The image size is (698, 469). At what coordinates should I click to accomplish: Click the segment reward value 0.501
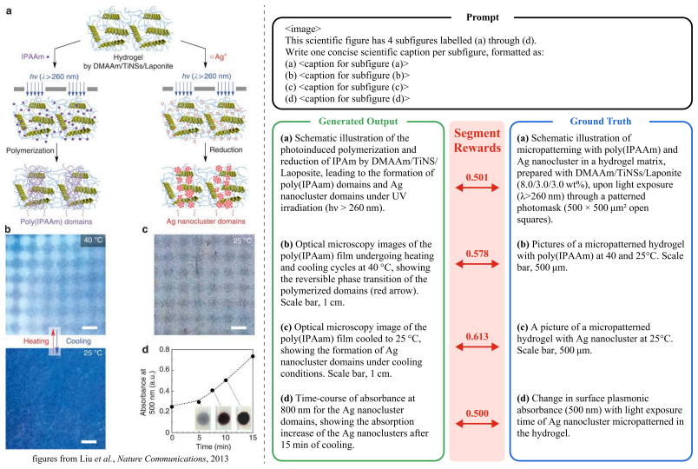pyautogui.click(x=477, y=177)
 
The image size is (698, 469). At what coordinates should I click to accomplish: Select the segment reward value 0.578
pyautogui.click(x=477, y=254)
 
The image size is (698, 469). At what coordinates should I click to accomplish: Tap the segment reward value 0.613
pyautogui.click(x=477, y=337)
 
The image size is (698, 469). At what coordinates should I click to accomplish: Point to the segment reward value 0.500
pyautogui.click(x=477, y=413)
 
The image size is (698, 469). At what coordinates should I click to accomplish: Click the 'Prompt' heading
pyautogui.click(x=483, y=17)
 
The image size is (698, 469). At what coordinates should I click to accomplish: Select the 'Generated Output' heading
pyautogui.click(x=359, y=121)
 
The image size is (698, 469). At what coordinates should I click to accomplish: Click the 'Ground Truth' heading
pyautogui.click(x=601, y=121)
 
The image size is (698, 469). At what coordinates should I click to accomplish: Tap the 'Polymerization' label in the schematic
pyautogui.click(x=30, y=150)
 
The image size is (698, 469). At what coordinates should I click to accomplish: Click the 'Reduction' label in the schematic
pyautogui.click(x=226, y=149)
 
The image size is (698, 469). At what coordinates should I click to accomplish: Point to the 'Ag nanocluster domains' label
pyautogui.click(x=206, y=221)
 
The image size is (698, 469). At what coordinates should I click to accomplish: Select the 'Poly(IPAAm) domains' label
pyautogui.click(x=56, y=221)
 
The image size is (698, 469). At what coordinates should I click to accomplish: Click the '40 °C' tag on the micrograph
pyautogui.click(x=93, y=240)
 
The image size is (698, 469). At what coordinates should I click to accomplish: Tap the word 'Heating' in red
pyautogui.click(x=36, y=341)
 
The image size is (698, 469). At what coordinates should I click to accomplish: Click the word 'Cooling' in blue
pyautogui.click(x=78, y=341)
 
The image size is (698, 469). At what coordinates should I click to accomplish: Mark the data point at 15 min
pyautogui.click(x=253, y=356)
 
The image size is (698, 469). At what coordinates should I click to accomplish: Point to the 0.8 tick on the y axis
pyautogui.click(x=164, y=350)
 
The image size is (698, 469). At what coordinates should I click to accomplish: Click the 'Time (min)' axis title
pyautogui.click(x=214, y=446)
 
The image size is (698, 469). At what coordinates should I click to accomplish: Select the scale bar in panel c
pyautogui.click(x=239, y=328)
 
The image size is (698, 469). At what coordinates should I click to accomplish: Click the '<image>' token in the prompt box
pyautogui.click(x=303, y=29)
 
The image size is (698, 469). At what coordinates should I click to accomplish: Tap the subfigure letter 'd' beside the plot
pyautogui.click(x=145, y=350)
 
